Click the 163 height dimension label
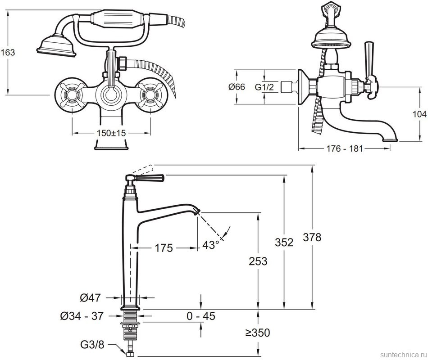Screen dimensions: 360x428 pos(8,52)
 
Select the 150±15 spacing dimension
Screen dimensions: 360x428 pos(111,133)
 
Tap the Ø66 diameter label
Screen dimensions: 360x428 pos(237,87)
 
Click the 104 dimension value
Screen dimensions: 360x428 pos(419,115)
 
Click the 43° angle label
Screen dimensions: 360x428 pos(210,244)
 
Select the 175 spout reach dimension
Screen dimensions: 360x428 pos(163,247)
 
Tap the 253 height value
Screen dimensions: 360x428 pos(258,261)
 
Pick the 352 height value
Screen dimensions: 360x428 pos(284,242)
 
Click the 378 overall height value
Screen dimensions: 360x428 pos(312,237)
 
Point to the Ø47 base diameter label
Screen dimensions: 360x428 pos(91,297)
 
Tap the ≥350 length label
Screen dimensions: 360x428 pos(258,333)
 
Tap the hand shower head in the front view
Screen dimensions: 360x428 pos(56,45)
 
